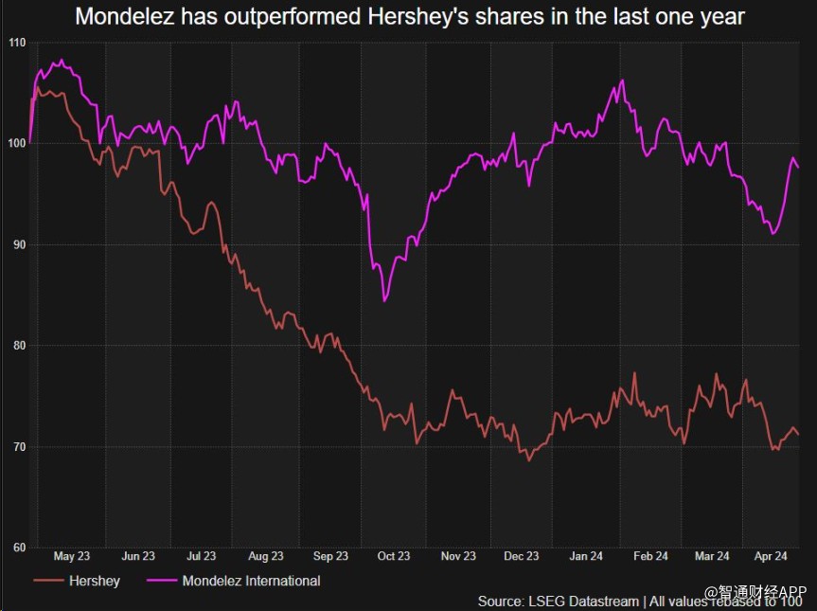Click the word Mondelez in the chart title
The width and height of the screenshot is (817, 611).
pos(118,16)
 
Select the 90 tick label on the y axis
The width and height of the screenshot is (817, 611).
pos(17,244)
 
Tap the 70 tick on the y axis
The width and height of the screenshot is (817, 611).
pos(17,446)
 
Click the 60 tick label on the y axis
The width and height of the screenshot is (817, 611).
pos(17,548)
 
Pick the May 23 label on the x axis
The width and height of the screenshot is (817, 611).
pos(72,557)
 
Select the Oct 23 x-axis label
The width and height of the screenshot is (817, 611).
pos(393,557)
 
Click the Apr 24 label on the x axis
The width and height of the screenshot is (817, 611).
pos(772,557)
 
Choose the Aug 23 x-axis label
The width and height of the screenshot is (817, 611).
pos(265,557)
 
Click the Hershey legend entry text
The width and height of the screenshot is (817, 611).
pos(95,581)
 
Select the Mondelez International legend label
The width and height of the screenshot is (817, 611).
pos(251,581)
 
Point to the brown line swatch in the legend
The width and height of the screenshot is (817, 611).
pos(47,581)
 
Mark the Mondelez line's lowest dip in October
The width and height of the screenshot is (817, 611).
pos(384,301)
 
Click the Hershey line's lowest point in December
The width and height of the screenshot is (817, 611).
pos(529,460)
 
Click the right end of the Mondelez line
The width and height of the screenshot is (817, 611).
pos(798,168)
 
